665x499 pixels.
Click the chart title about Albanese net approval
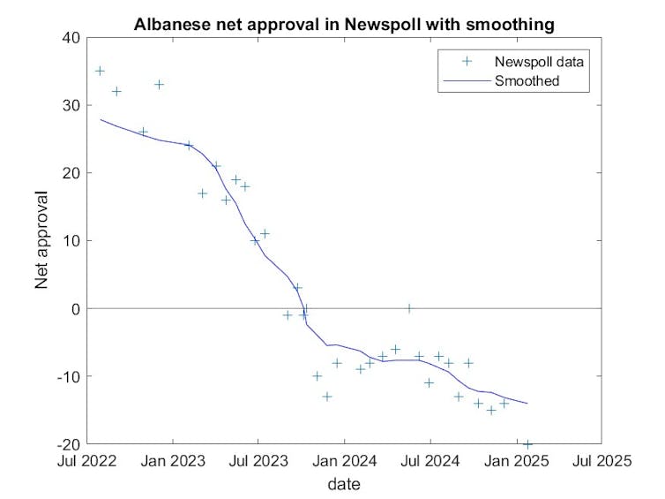(344, 25)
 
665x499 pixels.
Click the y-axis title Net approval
(41, 240)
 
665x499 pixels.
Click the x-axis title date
(344, 484)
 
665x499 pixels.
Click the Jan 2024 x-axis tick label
(344, 460)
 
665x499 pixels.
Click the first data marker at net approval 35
(100, 71)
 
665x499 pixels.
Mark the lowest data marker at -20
(527, 443)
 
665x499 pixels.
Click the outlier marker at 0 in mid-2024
(409, 308)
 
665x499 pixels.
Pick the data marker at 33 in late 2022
(159, 85)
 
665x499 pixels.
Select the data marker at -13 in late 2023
(327, 397)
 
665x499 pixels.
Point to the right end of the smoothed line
(527, 403)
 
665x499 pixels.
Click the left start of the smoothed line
(100, 119)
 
